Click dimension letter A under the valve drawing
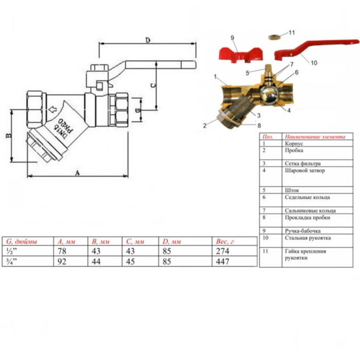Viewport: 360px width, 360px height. [77, 173]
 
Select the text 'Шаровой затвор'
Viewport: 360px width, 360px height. [304, 170]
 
